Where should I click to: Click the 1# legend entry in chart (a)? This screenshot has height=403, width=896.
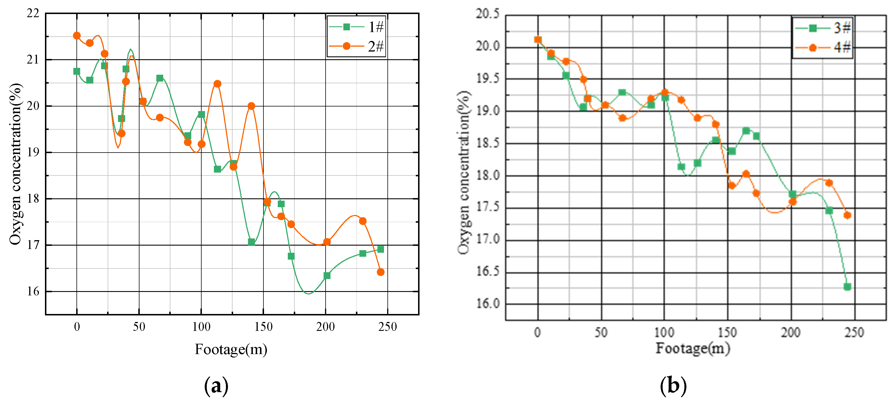click(x=356, y=27)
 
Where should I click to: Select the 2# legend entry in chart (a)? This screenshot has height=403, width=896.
click(x=356, y=46)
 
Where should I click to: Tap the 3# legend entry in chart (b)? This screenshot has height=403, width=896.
click(x=823, y=28)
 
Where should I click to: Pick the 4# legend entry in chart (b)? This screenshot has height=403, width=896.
click(x=823, y=47)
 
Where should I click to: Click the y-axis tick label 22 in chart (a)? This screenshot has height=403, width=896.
click(x=33, y=13)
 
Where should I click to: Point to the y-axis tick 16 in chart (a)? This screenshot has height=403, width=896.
click(x=33, y=291)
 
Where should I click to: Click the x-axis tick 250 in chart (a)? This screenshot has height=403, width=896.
click(x=387, y=327)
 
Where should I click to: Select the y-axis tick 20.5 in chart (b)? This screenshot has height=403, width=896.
click(x=487, y=14)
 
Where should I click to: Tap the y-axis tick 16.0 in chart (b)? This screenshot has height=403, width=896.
click(x=487, y=304)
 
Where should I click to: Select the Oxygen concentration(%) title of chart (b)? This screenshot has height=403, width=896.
click(x=464, y=173)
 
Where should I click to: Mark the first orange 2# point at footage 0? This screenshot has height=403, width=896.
click(x=77, y=35)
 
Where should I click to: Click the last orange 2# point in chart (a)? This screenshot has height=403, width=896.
click(x=381, y=272)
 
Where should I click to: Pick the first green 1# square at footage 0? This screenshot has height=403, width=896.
click(x=77, y=71)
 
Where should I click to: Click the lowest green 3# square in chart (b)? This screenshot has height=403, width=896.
click(x=847, y=287)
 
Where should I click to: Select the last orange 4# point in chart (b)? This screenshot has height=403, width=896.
click(x=847, y=215)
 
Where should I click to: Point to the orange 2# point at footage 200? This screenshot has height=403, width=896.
click(x=327, y=242)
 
